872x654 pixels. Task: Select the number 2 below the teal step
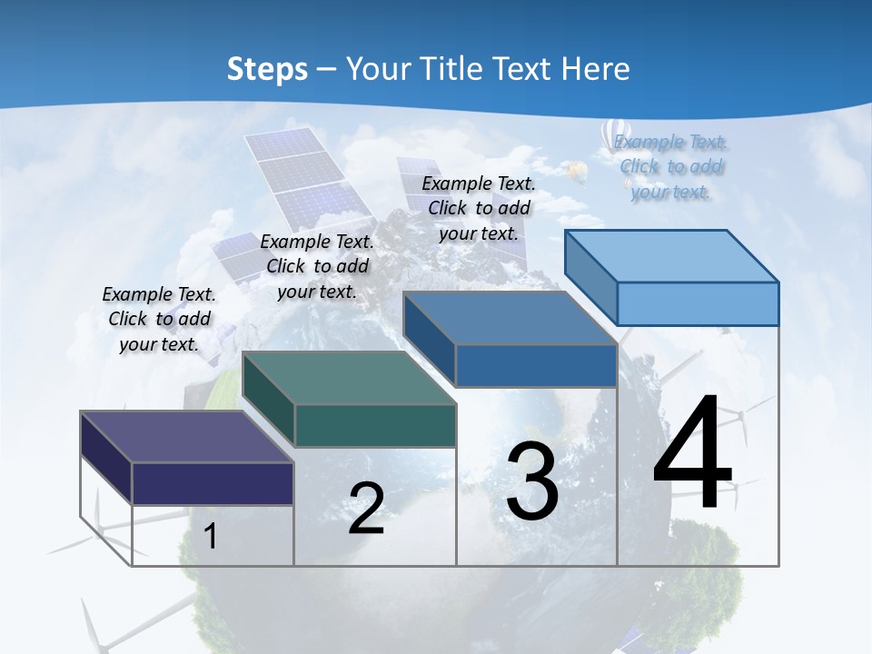point(366,508)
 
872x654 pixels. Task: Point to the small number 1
point(211,536)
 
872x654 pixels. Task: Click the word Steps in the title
point(267,68)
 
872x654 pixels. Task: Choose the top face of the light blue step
point(672,256)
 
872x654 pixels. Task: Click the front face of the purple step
point(213,483)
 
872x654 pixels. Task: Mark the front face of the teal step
point(375,425)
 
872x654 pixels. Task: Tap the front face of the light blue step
point(698,303)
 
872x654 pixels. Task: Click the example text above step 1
point(159,319)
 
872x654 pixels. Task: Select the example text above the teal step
point(317,266)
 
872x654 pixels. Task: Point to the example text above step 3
point(479,208)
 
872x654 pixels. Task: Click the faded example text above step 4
point(670,166)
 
